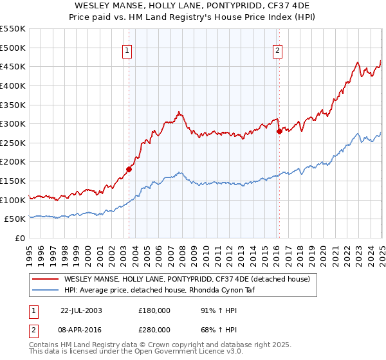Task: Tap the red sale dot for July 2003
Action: [129, 170]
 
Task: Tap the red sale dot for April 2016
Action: [279, 132]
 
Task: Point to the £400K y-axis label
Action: [13, 85]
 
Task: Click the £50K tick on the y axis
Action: [15, 219]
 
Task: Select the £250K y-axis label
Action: [13, 143]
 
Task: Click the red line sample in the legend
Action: [46, 279]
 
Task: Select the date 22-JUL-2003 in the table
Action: [81, 310]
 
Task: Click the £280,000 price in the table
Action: [154, 330]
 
